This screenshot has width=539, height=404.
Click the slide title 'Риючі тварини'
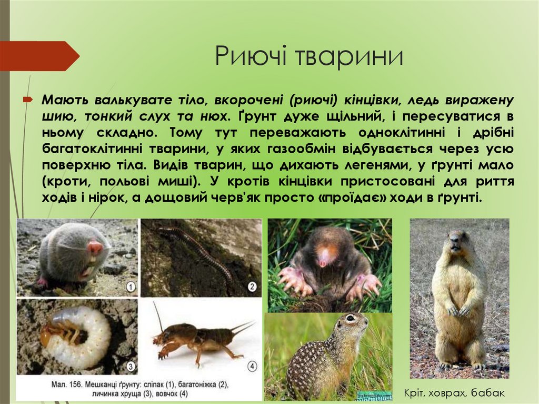[x=309, y=56]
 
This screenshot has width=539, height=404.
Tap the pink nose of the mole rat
[x=95, y=247]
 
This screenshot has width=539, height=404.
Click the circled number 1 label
[x=131, y=287]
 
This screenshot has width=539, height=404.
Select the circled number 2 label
[x=252, y=287]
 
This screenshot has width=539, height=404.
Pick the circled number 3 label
[x=131, y=366]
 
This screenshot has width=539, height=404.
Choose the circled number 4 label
[x=252, y=366]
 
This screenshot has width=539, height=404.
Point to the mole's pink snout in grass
[x=325, y=258]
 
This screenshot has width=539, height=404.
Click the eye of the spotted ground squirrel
[x=350, y=319]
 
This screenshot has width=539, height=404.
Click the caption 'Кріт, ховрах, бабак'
[x=454, y=393]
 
